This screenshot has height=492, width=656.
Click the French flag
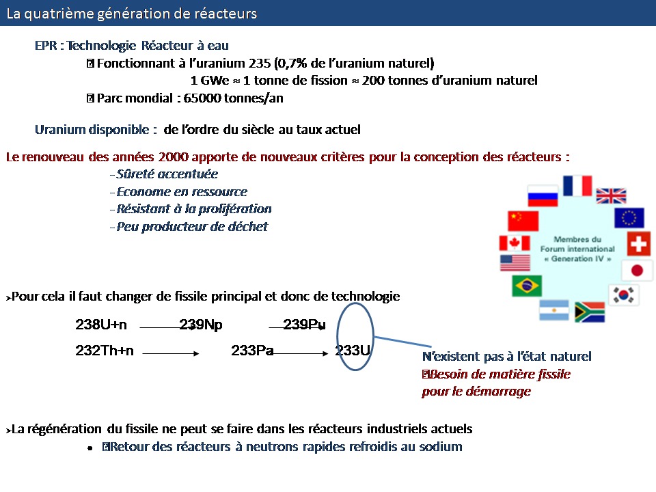coord(577,186)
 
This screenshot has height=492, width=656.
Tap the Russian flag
coord(543,196)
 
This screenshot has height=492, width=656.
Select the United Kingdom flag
coord(611,196)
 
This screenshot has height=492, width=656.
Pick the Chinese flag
coord(523,221)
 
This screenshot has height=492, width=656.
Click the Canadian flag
coord(515,243)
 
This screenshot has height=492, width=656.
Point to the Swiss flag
coord(639,243)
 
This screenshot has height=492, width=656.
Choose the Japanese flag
coord(637,271)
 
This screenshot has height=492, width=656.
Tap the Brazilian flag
coord(527,286)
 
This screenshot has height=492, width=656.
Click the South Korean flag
coord(623,295)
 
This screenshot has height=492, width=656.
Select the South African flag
coord(590,312)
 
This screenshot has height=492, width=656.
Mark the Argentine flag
coord(554,310)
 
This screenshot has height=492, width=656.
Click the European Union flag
coord(629,217)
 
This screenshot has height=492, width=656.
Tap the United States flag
coord(515,263)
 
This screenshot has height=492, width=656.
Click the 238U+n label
coord(101,325)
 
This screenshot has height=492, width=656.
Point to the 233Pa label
coord(252,350)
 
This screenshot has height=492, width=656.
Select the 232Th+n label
coord(105,350)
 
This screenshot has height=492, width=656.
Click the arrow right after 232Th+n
coord(171,353)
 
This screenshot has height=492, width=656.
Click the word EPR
coord(46,45)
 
